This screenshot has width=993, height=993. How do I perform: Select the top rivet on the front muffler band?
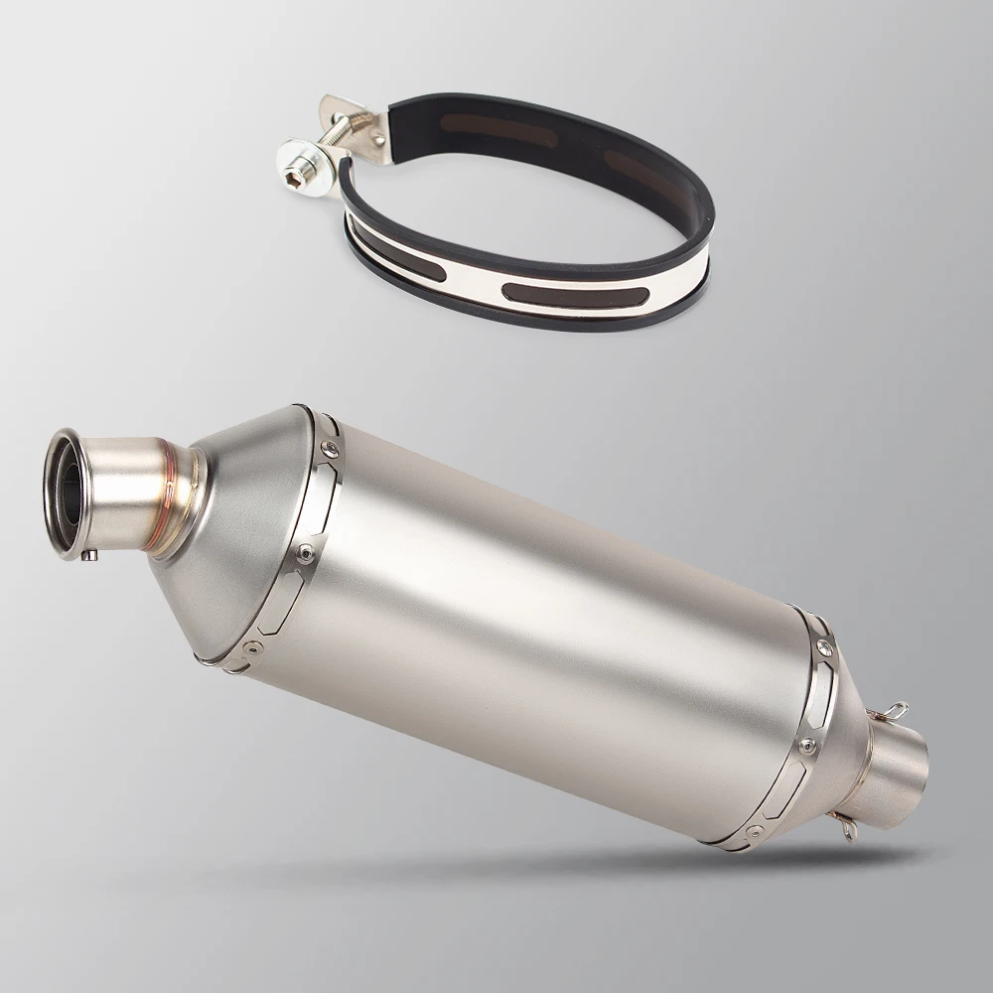click(x=329, y=448)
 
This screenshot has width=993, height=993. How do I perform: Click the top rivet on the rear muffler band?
click(x=823, y=645)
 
